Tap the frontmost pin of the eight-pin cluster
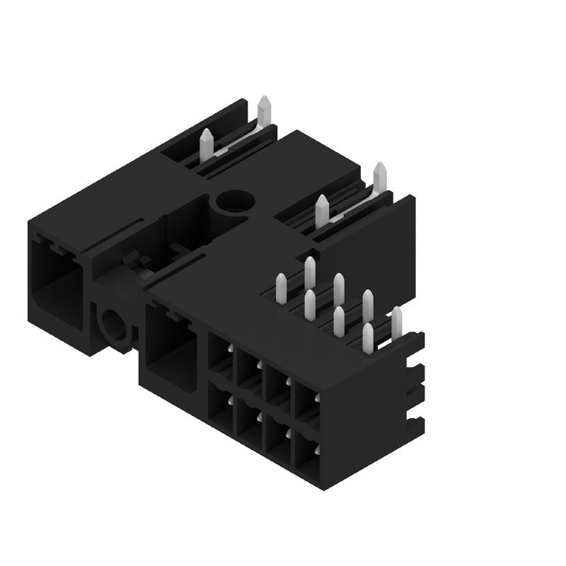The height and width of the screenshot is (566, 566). tap(367, 338)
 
